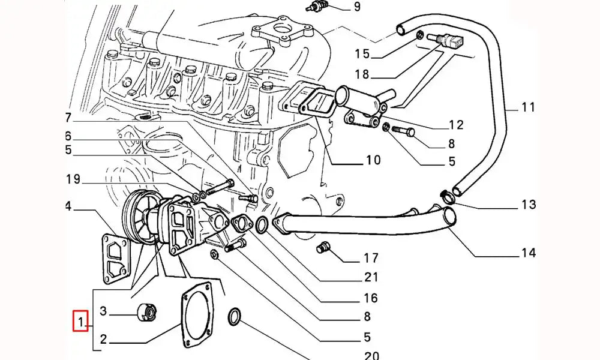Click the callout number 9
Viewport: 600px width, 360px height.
coord(373,7)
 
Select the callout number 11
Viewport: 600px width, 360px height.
coord(527,108)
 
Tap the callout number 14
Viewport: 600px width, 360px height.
coord(527,253)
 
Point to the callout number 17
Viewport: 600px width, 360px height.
coord(371,259)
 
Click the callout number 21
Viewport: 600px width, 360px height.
coord(371,277)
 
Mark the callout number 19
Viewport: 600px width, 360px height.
coord(73,179)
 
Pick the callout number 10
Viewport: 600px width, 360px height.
coord(373,160)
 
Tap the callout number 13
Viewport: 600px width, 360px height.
coord(528,205)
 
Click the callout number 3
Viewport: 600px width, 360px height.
coord(103,311)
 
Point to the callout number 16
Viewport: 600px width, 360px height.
coord(370,298)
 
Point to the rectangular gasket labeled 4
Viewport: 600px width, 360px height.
coord(113,259)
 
